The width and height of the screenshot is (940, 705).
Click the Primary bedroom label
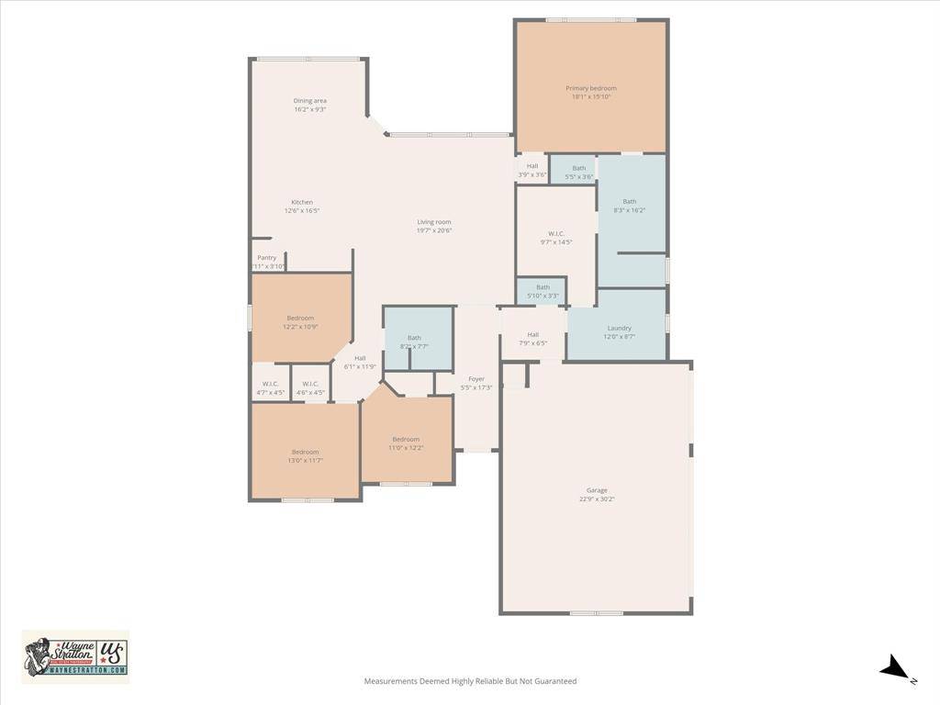click(590, 88)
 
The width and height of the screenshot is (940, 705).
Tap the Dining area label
click(310, 101)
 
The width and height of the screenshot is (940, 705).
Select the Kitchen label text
click(302, 202)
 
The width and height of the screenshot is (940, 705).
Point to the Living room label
click(434, 222)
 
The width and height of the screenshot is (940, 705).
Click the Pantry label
click(266, 258)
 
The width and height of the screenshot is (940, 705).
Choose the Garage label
click(597, 490)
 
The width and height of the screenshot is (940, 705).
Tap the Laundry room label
click(619, 328)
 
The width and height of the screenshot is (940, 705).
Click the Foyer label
click(476, 378)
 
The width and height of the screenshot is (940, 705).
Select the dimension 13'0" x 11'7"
click(306, 460)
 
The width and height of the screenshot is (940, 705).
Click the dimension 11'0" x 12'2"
click(406, 448)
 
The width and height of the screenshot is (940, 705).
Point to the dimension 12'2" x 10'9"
click(300, 327)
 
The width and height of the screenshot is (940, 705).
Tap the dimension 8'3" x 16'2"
click(630, 210)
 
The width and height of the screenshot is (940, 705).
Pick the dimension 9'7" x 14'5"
click(556, 242)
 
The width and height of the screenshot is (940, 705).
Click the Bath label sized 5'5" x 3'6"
click(578, 168)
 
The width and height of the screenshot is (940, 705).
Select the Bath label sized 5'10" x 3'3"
click(543, 287)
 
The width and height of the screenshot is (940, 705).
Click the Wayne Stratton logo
click(75, 656)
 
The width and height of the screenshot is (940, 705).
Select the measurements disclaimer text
click(470, 681)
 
